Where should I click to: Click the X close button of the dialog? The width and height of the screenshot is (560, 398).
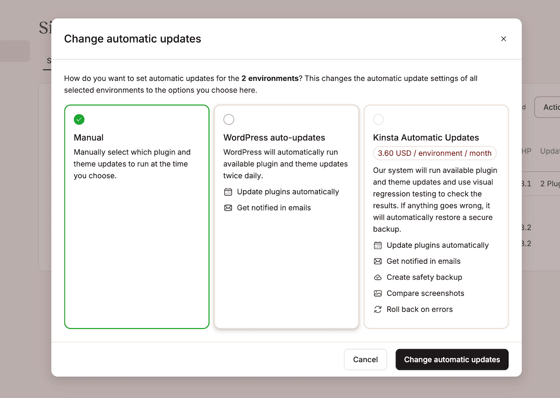pos(504,39)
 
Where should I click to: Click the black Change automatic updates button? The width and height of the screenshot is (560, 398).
pos(452,359)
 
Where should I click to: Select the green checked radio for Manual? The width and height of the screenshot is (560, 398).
pos(79,119)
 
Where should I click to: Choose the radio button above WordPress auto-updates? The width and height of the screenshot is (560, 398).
pos(229,119)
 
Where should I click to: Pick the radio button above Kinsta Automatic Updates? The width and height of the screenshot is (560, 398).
pos(378,119)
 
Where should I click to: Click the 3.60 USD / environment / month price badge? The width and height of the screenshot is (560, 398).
pos(434,153)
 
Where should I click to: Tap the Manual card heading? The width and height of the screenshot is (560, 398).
pos(89,138)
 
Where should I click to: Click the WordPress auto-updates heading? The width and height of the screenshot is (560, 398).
pos(274,138)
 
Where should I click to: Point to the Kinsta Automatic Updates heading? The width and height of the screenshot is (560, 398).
pos(426,138)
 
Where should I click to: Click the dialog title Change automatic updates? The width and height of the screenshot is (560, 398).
pos(133,39)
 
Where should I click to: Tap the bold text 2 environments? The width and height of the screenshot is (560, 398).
pos(270,78)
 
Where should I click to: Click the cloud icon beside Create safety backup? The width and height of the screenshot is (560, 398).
pos(378,277)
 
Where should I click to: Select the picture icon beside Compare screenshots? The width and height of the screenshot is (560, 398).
pos(378,293)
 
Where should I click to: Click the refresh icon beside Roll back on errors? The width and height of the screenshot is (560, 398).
pos(378,309)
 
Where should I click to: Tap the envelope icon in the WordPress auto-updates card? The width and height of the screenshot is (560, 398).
pos(228,208)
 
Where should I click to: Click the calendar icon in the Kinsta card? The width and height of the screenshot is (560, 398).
pos(378,245)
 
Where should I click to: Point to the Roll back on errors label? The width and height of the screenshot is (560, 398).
pos(420,309)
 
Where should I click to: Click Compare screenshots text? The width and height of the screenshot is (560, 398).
pos(425,293)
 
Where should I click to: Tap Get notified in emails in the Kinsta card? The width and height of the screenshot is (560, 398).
pos(423,261)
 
